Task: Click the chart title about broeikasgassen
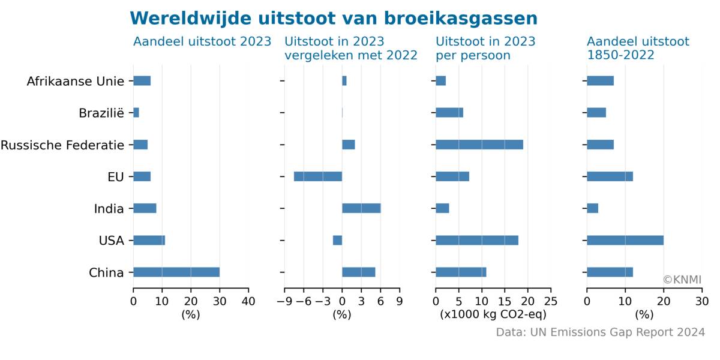[x=334, y=19]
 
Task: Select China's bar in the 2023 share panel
[x=176, y=272]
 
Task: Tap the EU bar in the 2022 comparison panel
[x=318, y=176]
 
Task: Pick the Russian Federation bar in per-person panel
[x=479, y=145]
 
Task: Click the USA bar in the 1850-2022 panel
[x=625, y=240]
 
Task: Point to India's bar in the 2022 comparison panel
[x=361, y=208]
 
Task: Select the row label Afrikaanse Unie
[x=76, y=81]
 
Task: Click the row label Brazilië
[x=101, y=113]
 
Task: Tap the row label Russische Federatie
[x=62, y=145]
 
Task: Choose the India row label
[x=109, y=208]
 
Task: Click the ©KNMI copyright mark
[x=682, y=280]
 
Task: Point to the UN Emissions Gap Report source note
[x=601, y=332]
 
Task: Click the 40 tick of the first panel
[x=248, y=301]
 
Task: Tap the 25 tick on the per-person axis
[x=551, y=301]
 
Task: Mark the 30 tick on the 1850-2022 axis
[x=702, y=301]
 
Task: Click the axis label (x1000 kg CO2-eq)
[x=493, y=314]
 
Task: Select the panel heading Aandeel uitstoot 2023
[x=202, y=41]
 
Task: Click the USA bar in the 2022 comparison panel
[x=337, y=240]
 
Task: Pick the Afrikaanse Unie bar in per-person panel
[x=440, y=81]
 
